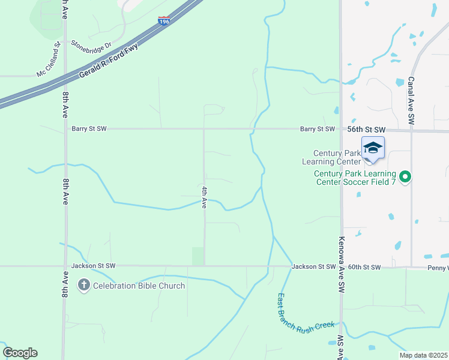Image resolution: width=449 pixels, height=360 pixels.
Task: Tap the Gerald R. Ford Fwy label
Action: tap(109, 61)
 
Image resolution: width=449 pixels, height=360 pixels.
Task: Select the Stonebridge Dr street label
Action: tap(92, 44)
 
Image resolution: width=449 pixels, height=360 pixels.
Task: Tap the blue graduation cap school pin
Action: tap(373, 149)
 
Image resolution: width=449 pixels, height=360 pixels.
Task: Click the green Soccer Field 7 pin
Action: tap(405, 176)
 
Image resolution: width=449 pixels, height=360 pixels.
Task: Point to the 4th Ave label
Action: tap(204, 197)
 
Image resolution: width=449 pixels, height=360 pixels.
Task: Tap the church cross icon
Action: tap(83, 286)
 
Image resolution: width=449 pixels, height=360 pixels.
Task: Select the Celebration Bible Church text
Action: tap(139, 286)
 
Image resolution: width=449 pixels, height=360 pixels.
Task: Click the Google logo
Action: tap(20, 353)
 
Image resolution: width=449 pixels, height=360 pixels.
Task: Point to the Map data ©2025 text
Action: tap(423, 355)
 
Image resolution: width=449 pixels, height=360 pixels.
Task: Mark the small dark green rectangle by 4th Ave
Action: tap(197, 256)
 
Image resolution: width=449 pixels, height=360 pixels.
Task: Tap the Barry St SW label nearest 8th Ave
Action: tap(89, 128)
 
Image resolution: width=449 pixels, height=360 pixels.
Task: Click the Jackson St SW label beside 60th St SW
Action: tap(313, 266)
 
